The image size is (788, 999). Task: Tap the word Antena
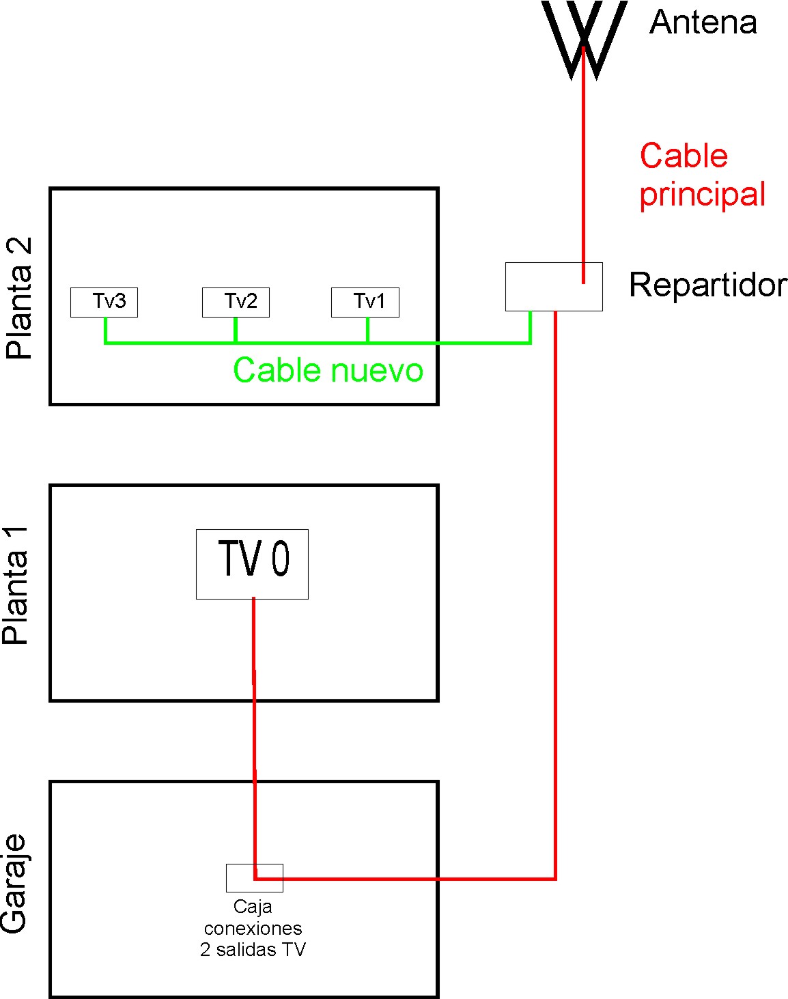(x=703, y=23)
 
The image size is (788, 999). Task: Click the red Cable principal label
(x=701, y=175)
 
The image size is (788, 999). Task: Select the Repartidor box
(x=554, y=287)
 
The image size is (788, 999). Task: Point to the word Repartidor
(x=707, y=285)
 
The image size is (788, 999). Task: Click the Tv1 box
(x=365, y=302)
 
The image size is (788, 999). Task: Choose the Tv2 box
(x=236, y=302)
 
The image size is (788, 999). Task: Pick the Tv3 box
(x=104, y=302)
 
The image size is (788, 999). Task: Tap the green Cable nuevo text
(x=328, y=370)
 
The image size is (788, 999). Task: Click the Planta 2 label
(x=18, y=298)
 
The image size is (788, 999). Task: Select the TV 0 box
(x=252, y=564)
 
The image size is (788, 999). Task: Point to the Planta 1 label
(x=16, y=586)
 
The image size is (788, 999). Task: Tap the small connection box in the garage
(x=254, y=877)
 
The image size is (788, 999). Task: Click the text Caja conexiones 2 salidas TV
(x=253, y=928)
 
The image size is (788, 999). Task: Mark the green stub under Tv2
(x=236, y=330)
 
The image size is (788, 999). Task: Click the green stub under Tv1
(x=367, y=330)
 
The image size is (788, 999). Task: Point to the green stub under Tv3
(x=105, y=330)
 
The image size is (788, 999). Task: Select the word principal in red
(x=702, y=194)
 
